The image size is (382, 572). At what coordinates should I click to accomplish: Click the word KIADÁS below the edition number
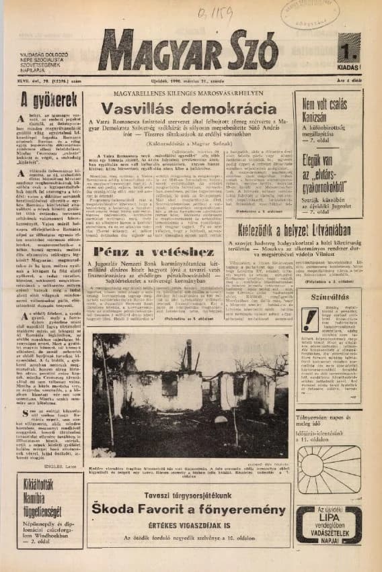(348, 68)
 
